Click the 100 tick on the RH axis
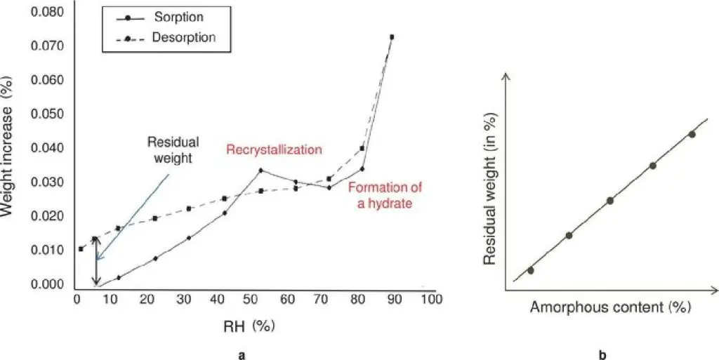[430, 299]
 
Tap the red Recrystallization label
[273, 149]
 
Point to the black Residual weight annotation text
[173, 149]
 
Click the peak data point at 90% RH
[392, 36]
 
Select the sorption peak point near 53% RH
[260, 171]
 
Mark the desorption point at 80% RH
[362, 148]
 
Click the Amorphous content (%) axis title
[610, 307]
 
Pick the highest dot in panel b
[692, 134]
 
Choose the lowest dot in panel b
[530, 270]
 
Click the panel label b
[602, 355]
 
